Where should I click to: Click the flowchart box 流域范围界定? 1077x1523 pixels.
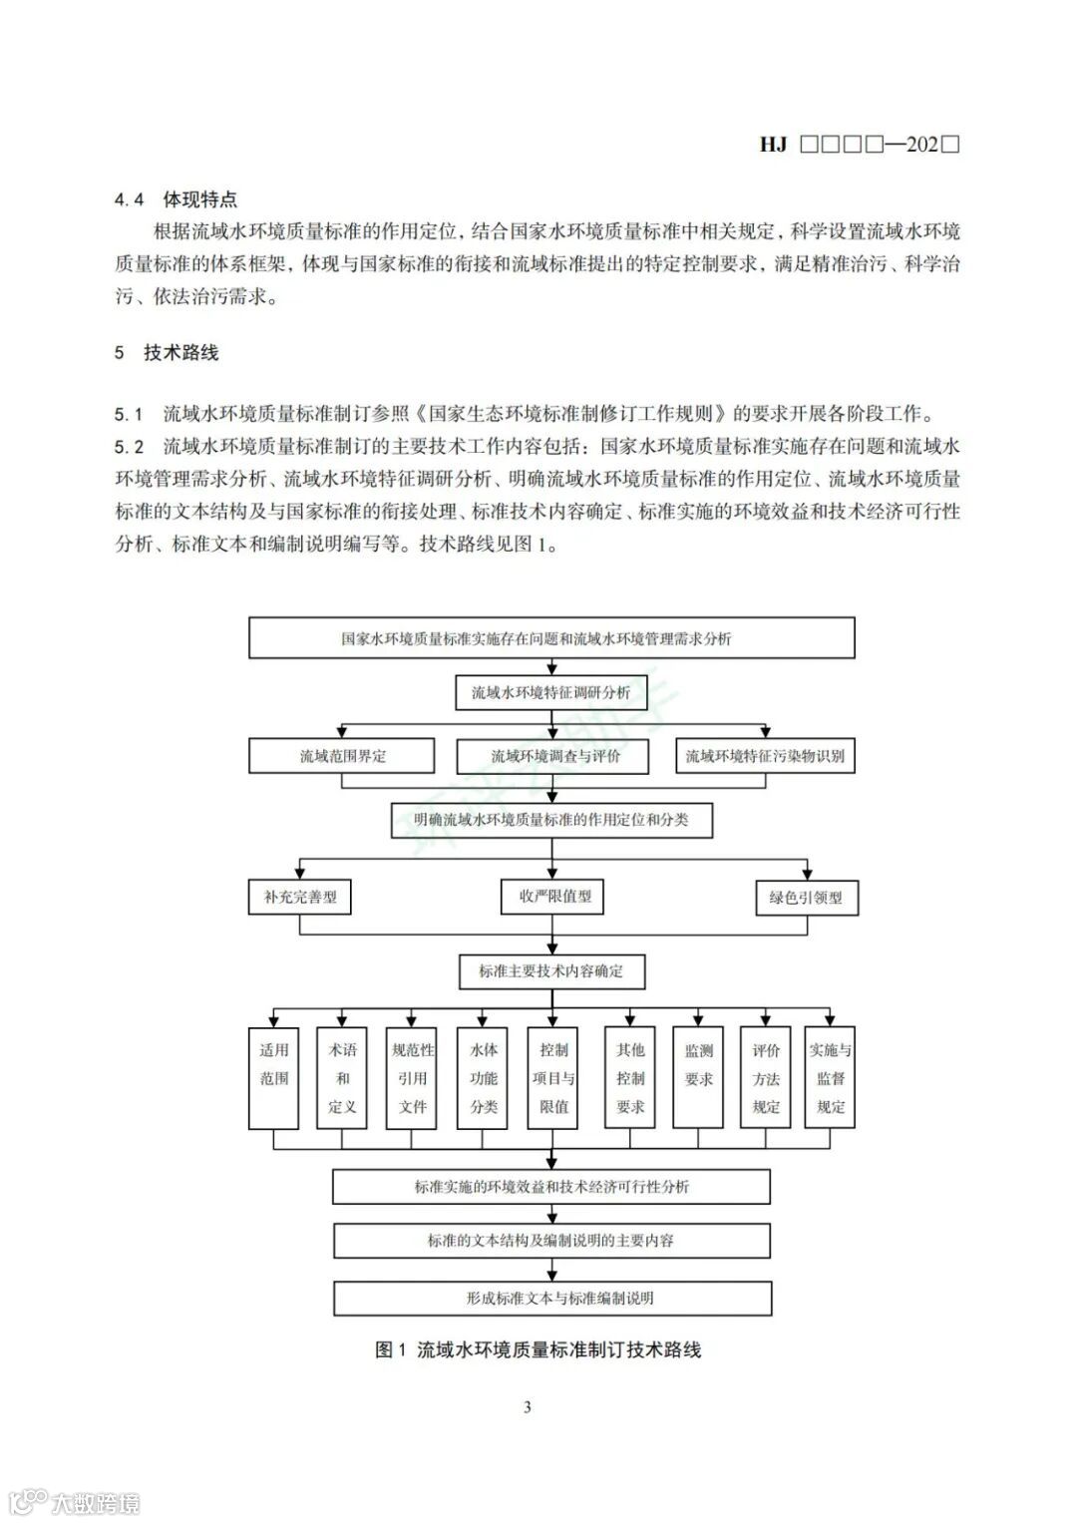coord(342,756)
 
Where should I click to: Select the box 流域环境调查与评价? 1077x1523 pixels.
coord(554,756)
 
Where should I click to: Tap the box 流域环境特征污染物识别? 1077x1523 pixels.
coord(765,756)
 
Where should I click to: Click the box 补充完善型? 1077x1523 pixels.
coord(300,897)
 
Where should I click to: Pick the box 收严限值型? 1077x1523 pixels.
coord(554,897)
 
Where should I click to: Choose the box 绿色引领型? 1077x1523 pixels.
coord(806,898)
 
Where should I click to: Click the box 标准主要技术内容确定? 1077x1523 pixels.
coord(551,970)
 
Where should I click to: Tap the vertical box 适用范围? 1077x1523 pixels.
coord(274,1077)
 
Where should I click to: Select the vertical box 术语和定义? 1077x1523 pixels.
coord(342,1077)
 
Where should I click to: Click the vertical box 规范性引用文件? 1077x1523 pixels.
coord(413,1077)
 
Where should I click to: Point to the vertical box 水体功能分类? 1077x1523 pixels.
coord(484,1077)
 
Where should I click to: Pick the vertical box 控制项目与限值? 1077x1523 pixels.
coord(553,1077)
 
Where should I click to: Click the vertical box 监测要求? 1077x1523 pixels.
coord(699,1077)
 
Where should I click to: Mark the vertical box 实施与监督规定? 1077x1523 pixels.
coord(830,1077)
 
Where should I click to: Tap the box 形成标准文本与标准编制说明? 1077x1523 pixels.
coord(552,1298)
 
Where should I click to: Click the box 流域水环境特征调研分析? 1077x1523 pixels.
coord(551,692)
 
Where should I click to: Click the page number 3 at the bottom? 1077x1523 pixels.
coord(528,1407)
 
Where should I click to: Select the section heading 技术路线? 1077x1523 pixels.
coord(180,353)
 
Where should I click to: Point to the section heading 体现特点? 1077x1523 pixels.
coord(200,199)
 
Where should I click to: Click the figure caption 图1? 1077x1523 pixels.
coord(390,1350)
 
